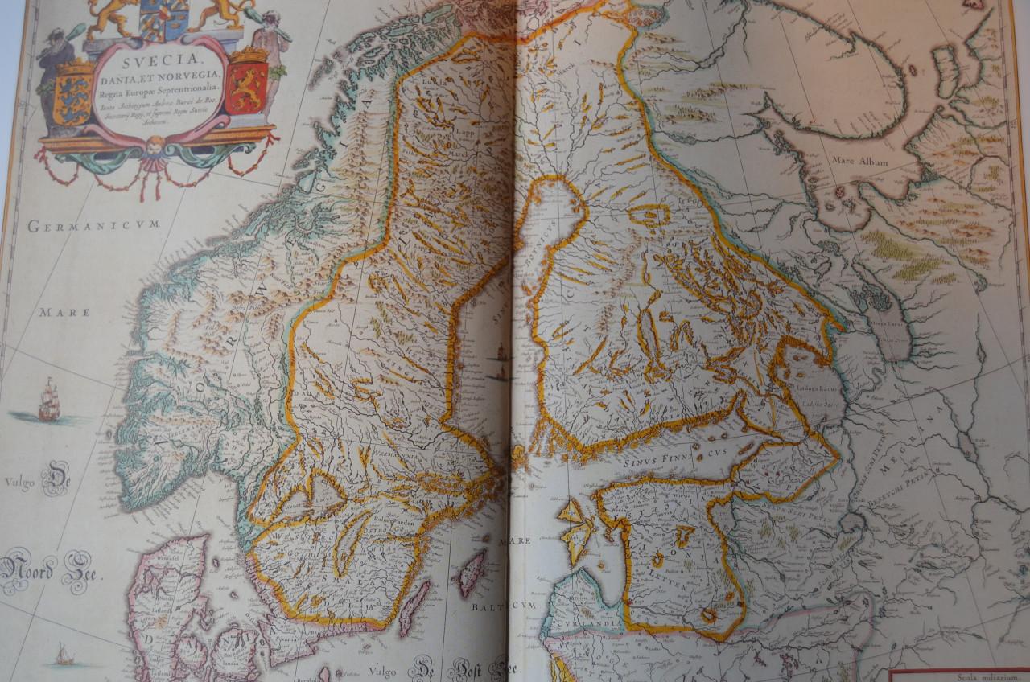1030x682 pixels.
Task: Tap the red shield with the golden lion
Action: click(x=246, y=85)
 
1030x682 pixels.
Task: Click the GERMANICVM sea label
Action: click(x=94, y=226)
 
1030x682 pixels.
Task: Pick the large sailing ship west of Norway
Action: click(x=49, y=401)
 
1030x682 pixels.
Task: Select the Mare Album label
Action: click(x=866, y=162)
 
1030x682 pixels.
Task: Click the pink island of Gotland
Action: click(x=470, y=571)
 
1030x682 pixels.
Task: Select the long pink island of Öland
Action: click(x=414, y=607)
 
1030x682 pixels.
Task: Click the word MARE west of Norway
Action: click(x=65, y=312)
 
